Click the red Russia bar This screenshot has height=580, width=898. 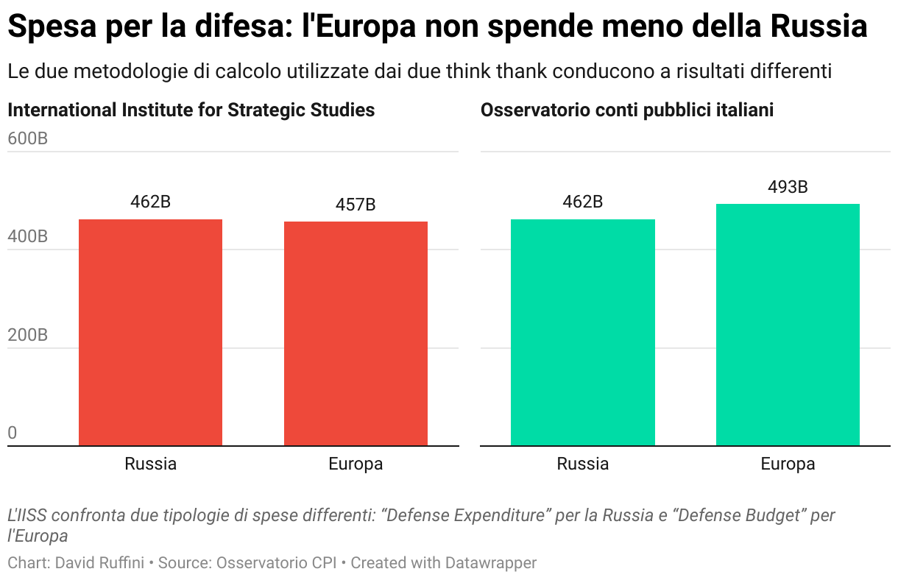coord(150,333)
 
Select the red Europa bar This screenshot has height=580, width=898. coord(356,333)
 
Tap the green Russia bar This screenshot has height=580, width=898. coord(582,333)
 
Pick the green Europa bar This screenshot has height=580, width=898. coord(788,325)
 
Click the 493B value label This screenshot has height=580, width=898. coord(788,187)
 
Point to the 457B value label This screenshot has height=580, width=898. coord(356,205)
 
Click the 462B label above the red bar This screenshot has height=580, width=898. coord(150,202)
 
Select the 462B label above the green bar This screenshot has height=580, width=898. coord(582,202)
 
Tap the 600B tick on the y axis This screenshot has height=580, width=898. coord(27,138)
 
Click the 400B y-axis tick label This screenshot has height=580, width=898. coord(27,237)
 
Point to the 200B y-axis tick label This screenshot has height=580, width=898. coord(27,336)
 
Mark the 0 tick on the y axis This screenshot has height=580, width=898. coord(13,434)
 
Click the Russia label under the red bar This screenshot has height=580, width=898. coord(150,464)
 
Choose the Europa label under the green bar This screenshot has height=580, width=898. coord(788,464)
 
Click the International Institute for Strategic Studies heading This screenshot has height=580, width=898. coord(191,110)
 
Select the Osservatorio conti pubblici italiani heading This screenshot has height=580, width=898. coord(627,110)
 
